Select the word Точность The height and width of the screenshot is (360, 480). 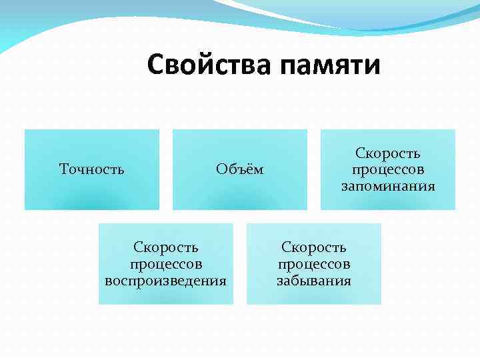click(92, 169)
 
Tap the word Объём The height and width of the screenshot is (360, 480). click(240, 169)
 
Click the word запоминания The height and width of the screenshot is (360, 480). click(388, 186)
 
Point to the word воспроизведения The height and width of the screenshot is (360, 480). click(166, 280)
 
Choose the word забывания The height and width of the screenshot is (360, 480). click(314, 280)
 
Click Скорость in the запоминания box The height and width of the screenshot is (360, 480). click(388, 154)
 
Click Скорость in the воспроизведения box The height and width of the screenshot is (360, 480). click(166, 248)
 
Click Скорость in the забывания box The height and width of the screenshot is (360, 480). click(314, 248)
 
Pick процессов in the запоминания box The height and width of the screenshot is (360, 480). click(388, 170)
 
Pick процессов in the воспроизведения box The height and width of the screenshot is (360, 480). click(166, 264)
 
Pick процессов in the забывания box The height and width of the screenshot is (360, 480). click(314, 264)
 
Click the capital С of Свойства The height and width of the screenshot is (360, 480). click(156, 65)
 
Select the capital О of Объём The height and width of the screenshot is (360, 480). click(221, 169)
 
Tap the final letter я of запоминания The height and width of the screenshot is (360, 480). click(431, 186)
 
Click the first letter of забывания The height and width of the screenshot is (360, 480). click(280, 280)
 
